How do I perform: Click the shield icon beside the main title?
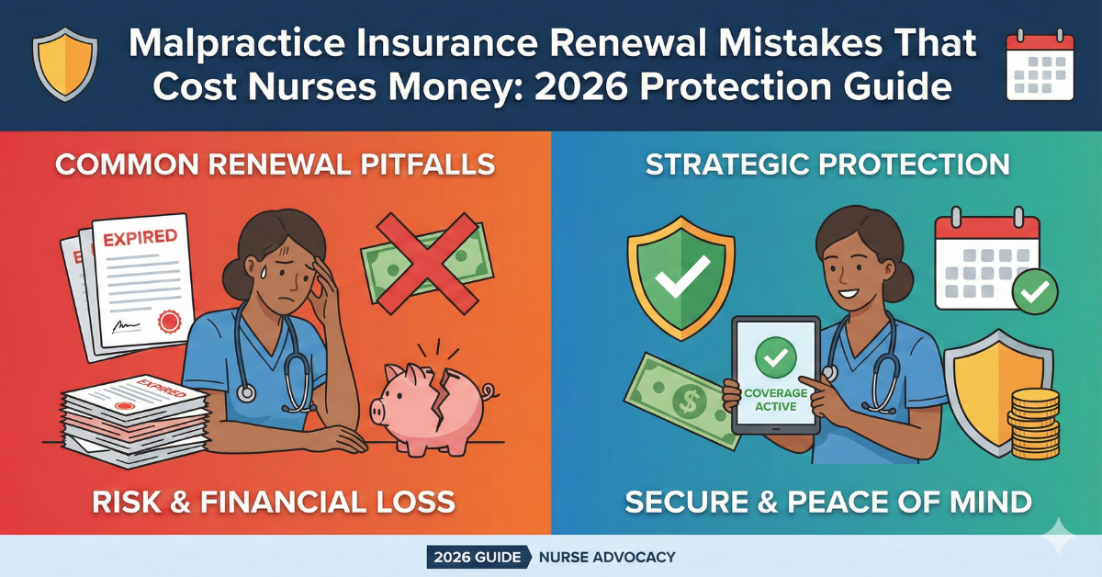click(65, 64)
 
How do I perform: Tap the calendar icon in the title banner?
click(1040, 64)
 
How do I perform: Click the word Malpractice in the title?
click(236, 44)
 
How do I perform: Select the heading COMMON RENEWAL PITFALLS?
click(275, 164)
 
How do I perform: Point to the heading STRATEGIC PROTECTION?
click(827, 164)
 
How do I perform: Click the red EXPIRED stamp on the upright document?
click(141, 238)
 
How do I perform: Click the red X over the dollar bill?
click(427, 264)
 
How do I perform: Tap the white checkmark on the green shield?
click(681, 277)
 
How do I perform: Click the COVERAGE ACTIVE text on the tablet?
click(776, 400)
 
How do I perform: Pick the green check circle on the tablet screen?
click(776, 357)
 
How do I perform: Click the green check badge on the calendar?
click(1035, 292)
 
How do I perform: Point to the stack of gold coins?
click(1034, 423)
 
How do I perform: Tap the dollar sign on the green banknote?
click(688, 401)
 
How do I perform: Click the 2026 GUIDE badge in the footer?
click(478, 558)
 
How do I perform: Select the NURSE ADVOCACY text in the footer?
click(607, 558)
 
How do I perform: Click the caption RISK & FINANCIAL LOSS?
click(274, 503)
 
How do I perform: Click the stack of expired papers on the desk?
click(135, 422)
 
